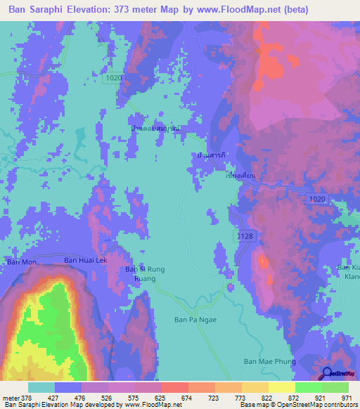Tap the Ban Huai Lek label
(x=86, y=260)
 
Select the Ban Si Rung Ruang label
(x=144, y=273)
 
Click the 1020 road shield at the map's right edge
(x=316, y=200)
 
